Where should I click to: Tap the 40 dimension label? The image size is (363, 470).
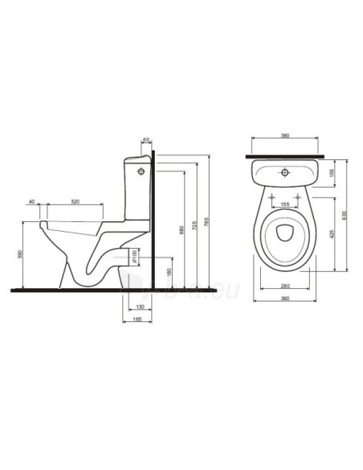pos(32,200)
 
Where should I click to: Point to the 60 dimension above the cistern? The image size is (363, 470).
pos(146,142)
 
